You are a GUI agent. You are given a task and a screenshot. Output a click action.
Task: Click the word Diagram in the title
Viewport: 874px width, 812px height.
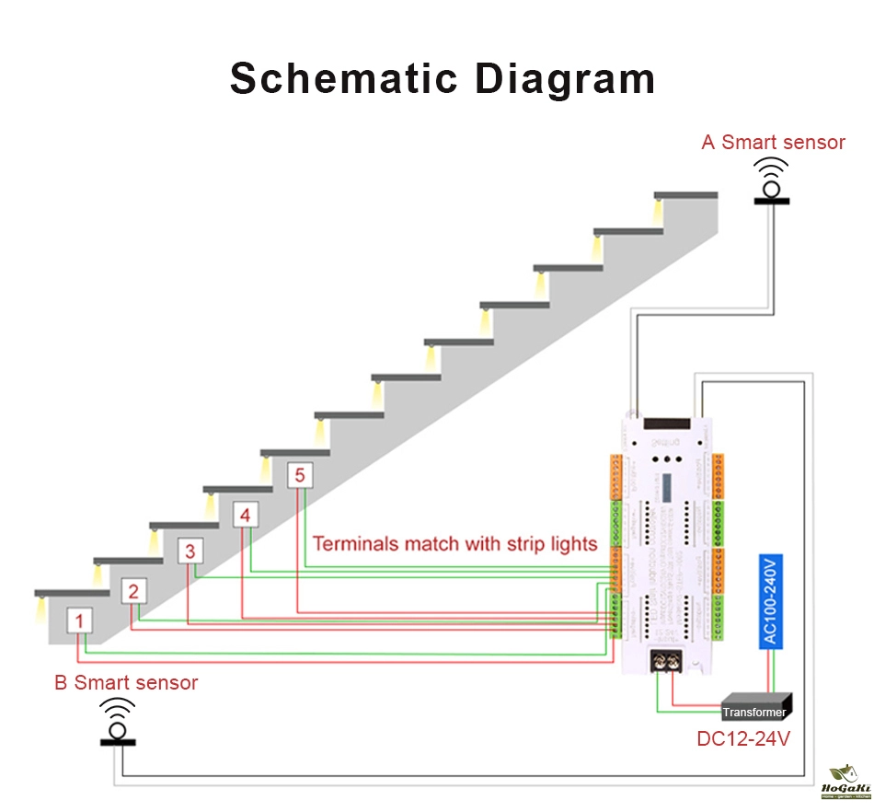point(565,78)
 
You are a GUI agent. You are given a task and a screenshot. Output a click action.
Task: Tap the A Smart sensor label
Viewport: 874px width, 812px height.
point(773,143)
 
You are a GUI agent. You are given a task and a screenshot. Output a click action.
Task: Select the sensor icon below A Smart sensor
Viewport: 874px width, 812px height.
point(772,181)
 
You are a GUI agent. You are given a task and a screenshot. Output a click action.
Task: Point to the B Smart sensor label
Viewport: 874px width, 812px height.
point(126,683)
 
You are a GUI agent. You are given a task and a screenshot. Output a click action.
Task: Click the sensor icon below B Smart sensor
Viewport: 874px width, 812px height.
point(117,723)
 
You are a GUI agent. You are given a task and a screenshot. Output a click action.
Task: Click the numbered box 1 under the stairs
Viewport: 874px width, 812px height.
point(79,622)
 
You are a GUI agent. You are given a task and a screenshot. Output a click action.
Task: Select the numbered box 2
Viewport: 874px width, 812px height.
point(133,591)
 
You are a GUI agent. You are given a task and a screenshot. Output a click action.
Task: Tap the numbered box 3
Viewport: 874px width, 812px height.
point(190,551)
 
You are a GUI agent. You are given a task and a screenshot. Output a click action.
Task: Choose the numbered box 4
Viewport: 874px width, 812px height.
point(245,516)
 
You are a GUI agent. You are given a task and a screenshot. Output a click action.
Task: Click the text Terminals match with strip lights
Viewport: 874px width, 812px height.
point(454,543)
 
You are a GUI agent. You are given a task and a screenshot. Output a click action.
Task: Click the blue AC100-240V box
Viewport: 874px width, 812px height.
point(770,601)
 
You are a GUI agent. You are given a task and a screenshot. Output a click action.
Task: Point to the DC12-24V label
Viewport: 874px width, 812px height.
point(743,738)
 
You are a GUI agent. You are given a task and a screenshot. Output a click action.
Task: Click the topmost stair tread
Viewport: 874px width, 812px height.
point(685,195)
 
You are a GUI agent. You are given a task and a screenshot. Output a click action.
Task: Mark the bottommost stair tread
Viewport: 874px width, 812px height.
point(64,592)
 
